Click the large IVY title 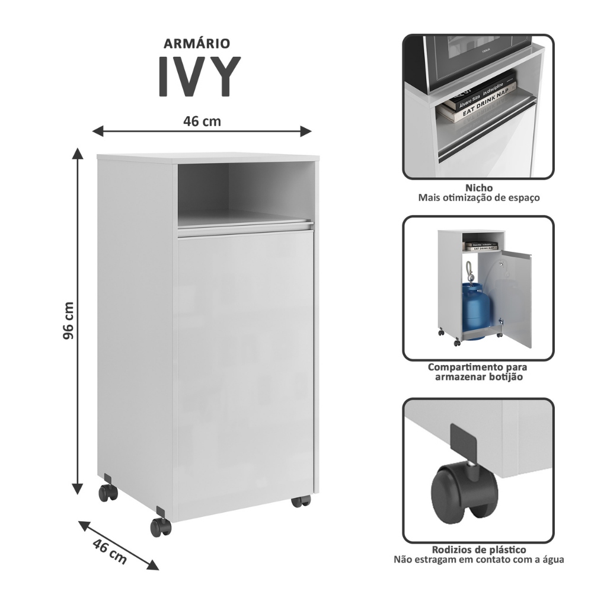point(199,76)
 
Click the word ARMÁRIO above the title point(197,43)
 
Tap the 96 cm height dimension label point(68,321)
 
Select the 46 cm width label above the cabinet point(202,121)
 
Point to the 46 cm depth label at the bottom point(110,551)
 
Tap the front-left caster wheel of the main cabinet point(160,527)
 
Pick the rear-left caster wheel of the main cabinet point(108,493)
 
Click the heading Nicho point(479,188)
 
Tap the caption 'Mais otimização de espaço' point(479,198)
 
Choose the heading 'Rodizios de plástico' point(479,550)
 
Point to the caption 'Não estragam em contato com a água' point(479,560)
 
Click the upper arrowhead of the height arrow point(78,154)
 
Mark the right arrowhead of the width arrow point(306,131)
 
